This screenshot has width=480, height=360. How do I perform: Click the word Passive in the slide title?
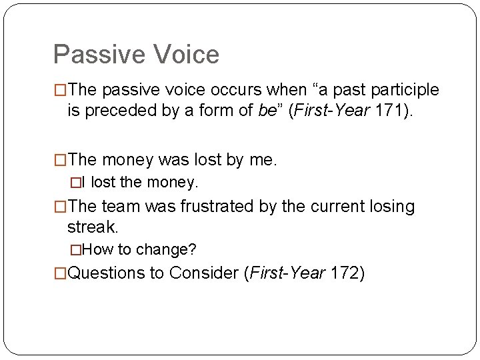tap(102, 55)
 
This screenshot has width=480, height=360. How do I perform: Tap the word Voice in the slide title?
tap(189, 55)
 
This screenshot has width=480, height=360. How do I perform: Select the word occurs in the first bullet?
tap(244, 89)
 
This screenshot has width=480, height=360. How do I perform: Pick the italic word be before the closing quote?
tap(266, 109)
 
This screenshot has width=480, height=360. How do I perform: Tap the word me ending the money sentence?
tap(263, 160)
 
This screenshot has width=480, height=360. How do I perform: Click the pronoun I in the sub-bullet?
tap(84, 181)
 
